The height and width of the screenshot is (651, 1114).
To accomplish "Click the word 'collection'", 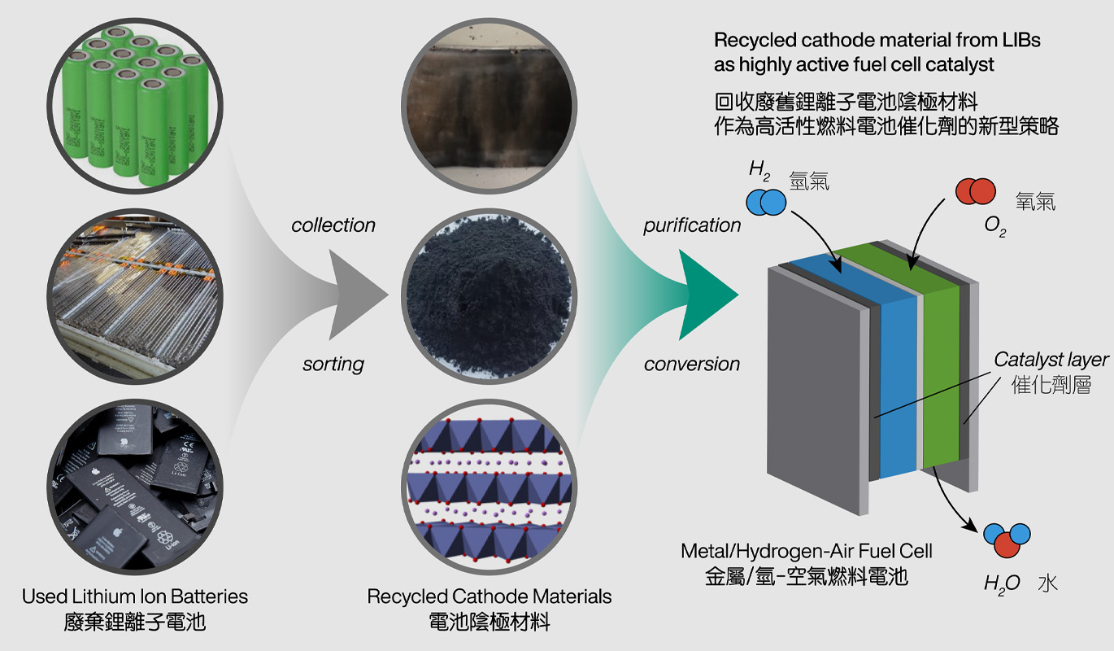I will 333,225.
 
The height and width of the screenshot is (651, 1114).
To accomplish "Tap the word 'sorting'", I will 333,364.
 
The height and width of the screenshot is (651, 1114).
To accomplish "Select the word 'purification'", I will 692,225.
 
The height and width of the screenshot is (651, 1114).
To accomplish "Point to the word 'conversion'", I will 692,364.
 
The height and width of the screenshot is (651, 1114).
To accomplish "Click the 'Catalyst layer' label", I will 1051,360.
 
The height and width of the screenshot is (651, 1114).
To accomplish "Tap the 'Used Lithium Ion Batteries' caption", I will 135,596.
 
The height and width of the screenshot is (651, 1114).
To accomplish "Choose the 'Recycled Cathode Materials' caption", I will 490,596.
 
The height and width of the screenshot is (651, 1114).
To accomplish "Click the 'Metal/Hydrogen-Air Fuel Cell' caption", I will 807,551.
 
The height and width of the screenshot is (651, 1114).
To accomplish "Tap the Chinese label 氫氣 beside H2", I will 808,182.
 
